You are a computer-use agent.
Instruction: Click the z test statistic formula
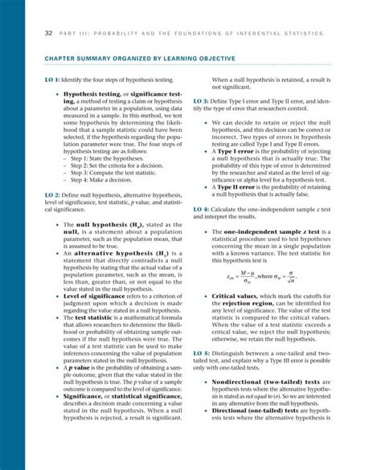[273, 277]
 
